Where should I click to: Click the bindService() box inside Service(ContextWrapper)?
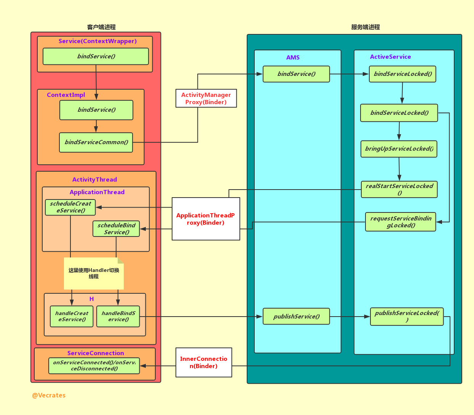pos(96,56)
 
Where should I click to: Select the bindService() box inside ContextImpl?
pos(96,110)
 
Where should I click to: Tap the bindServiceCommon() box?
pos(96,142)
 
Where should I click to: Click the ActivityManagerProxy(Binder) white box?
pos(206,98)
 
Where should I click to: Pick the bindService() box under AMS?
pos(296,74)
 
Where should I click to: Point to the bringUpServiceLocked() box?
pos(399,149)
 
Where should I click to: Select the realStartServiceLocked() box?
pos(399,189)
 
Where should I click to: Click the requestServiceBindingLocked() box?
pos(401,222)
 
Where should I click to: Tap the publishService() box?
pos(296,316)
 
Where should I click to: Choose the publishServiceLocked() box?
pos(407,316)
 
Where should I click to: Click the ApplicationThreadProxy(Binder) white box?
pos(206,219)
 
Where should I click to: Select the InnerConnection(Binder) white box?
pos(204,362)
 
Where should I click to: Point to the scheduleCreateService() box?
pos(70,207)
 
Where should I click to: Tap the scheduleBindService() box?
pos(116,228)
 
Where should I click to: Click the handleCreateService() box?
pos(72,316)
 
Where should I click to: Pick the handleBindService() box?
pos(118,316)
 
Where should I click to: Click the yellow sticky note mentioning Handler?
pos(94,273)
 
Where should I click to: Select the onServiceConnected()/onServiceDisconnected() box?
pos(94,365)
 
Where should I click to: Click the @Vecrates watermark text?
pos(49,395)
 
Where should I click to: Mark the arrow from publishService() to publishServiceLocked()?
pos(350,316)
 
